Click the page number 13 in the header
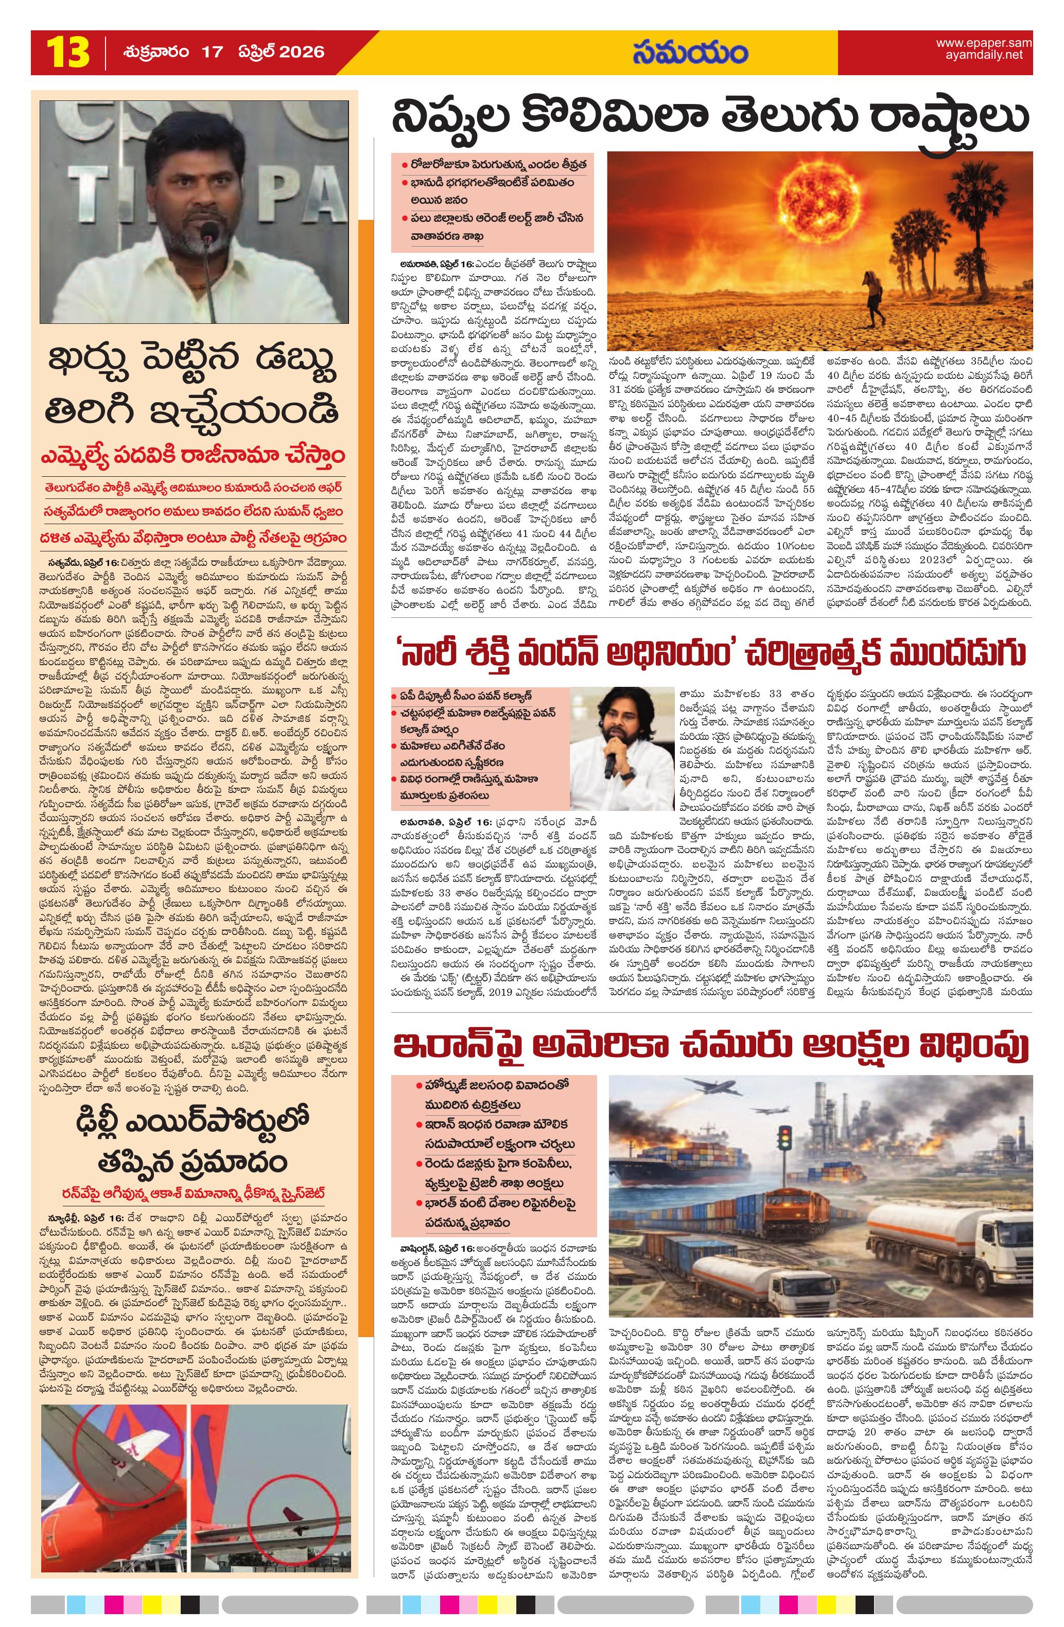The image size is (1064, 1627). click(67, 53)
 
